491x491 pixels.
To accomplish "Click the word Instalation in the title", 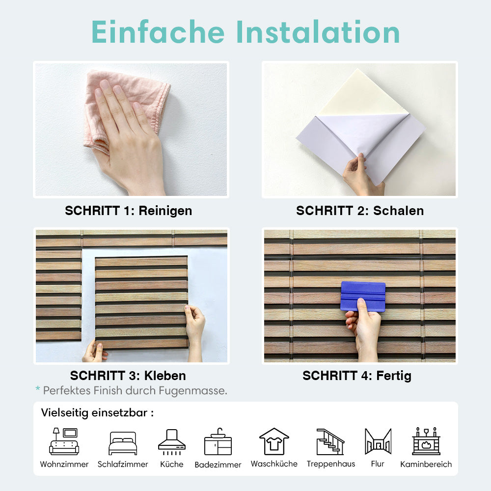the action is tap(318, 32).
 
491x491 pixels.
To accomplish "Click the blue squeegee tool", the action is tap(363, 296).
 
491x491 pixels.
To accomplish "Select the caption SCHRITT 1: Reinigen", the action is tap(128, 211).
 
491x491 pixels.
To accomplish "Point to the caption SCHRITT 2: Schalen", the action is tap(360, 211).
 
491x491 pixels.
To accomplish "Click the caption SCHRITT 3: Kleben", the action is tap(128, 376).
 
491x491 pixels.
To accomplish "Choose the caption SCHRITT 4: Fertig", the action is tap(357, 376).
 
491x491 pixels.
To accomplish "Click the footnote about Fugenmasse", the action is tap(132, 390).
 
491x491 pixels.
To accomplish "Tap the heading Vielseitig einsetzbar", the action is tap(97, 413).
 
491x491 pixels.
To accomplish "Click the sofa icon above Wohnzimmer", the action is tap(64, 441).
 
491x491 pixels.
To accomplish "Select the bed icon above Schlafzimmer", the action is tap(123, 443).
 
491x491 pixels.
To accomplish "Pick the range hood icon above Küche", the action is tap(171, 442).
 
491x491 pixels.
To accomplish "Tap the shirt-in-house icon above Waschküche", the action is tap(274, 441).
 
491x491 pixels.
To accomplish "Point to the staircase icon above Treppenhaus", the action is tap(330, 442).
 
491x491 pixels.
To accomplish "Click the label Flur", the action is tap(378, 464).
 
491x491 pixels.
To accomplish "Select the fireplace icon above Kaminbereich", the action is tap(426, 441).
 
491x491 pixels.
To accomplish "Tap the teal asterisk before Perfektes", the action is tap(38, 388).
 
